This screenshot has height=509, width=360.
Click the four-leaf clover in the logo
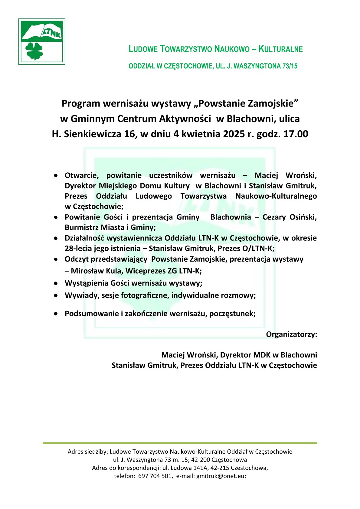tap(34, 51)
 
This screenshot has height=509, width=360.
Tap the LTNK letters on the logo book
tap(52, 32)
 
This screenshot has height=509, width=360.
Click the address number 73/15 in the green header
tap(290, 66)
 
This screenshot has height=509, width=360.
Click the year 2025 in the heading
tap(234, 134)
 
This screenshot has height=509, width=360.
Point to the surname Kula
tap(113, 271)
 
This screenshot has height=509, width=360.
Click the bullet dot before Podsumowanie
tap(56, 314)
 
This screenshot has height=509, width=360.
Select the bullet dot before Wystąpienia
tap(56, 283)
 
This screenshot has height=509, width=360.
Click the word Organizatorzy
tap(291, 334)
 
